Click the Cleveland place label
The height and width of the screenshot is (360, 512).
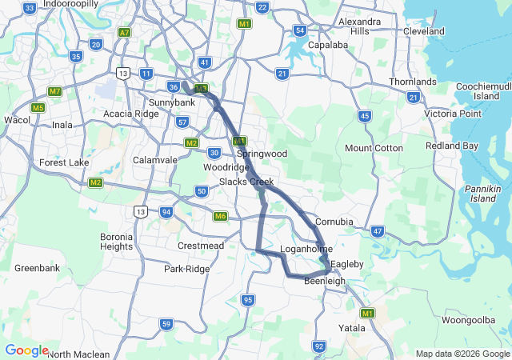tap(424, 31)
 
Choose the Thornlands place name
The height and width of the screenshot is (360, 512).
tap(413, 82)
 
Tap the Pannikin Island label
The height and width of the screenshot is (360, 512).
tap(483, 192)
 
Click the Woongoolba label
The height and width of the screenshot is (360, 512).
tap(469, 319)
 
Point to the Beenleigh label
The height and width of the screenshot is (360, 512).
tap(324, 281)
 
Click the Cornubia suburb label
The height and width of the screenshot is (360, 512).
tap(334, 221)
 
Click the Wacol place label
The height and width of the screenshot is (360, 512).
tap(17, 120)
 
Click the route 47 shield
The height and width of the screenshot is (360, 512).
tap(378, 231)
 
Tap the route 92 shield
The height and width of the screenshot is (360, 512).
tap(319, 346)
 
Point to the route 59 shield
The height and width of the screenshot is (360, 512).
tap(166, 324)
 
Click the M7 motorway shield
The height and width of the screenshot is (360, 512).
tap(54, 91)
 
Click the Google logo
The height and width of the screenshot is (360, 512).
tap(26, 350)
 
